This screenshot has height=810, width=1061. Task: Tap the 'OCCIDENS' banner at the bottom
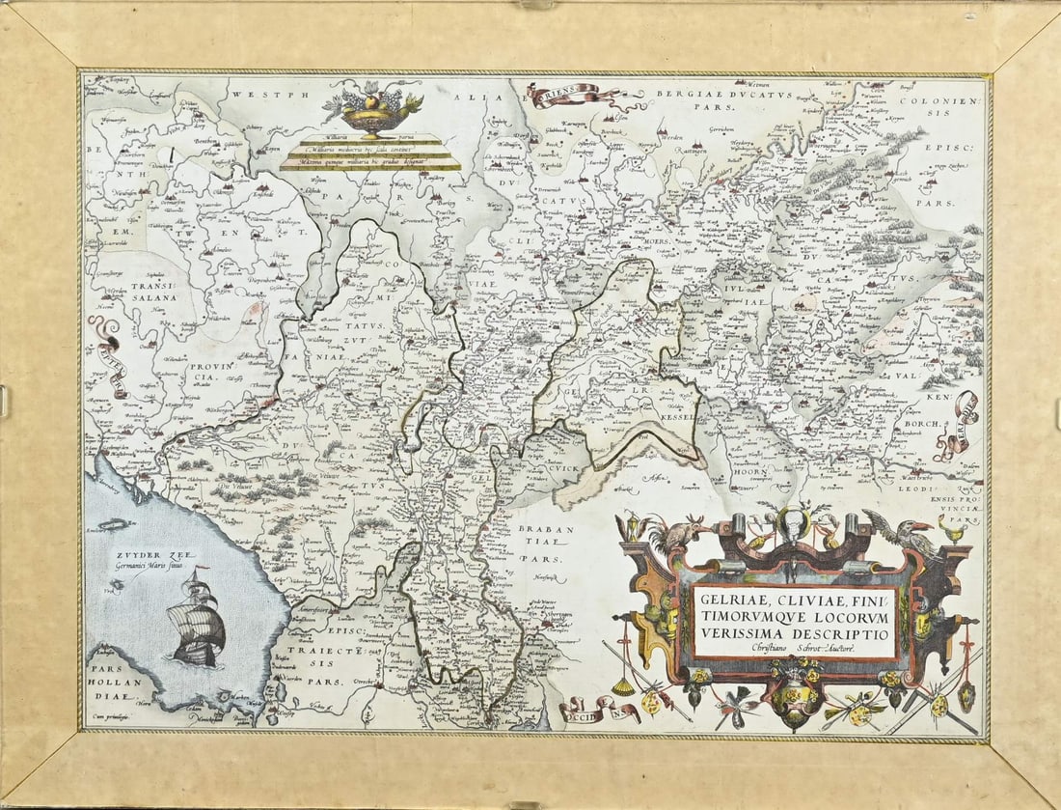point(598,712)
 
